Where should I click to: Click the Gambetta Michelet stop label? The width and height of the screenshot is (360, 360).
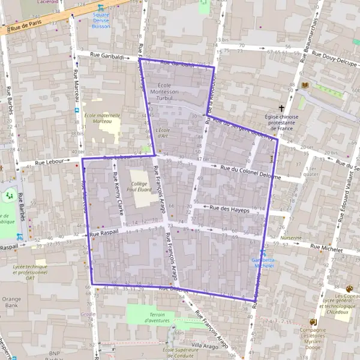pos(263,260)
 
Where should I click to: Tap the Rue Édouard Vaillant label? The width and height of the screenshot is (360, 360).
pos(340,198)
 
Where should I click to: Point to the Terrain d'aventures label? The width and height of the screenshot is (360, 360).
pos(149,317)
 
